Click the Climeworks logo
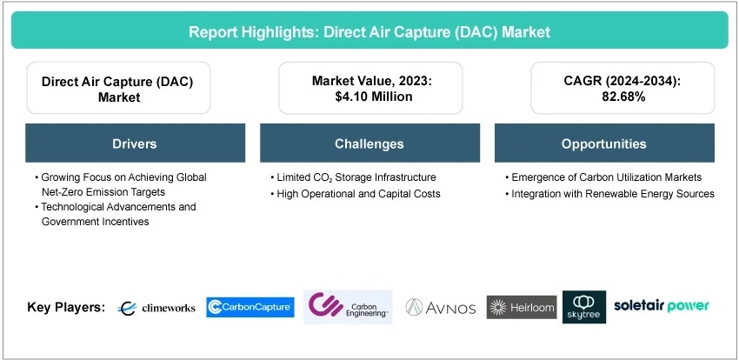coord(156,308)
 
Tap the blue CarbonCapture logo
coord(250,307)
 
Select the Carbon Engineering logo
coord(348,307)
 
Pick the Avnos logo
coord(440,308)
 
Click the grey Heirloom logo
coord(522,307)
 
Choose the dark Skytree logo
coord(584,307)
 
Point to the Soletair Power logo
coord(661,306)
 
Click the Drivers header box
coord(136,143)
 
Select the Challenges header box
coord(369,143)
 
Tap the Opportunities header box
coord(604,143)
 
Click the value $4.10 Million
coord(370,97)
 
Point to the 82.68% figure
coord(622,97)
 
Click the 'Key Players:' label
coord(66,307)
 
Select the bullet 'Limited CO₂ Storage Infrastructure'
coord(353,177)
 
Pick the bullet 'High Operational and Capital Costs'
coord(356,194)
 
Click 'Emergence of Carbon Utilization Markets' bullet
coord(603,177)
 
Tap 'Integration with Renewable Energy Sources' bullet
coord(609,194)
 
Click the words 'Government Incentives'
coord(96,222)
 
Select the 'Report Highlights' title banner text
coord(369,32)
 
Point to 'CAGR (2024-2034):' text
coord(622,81)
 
